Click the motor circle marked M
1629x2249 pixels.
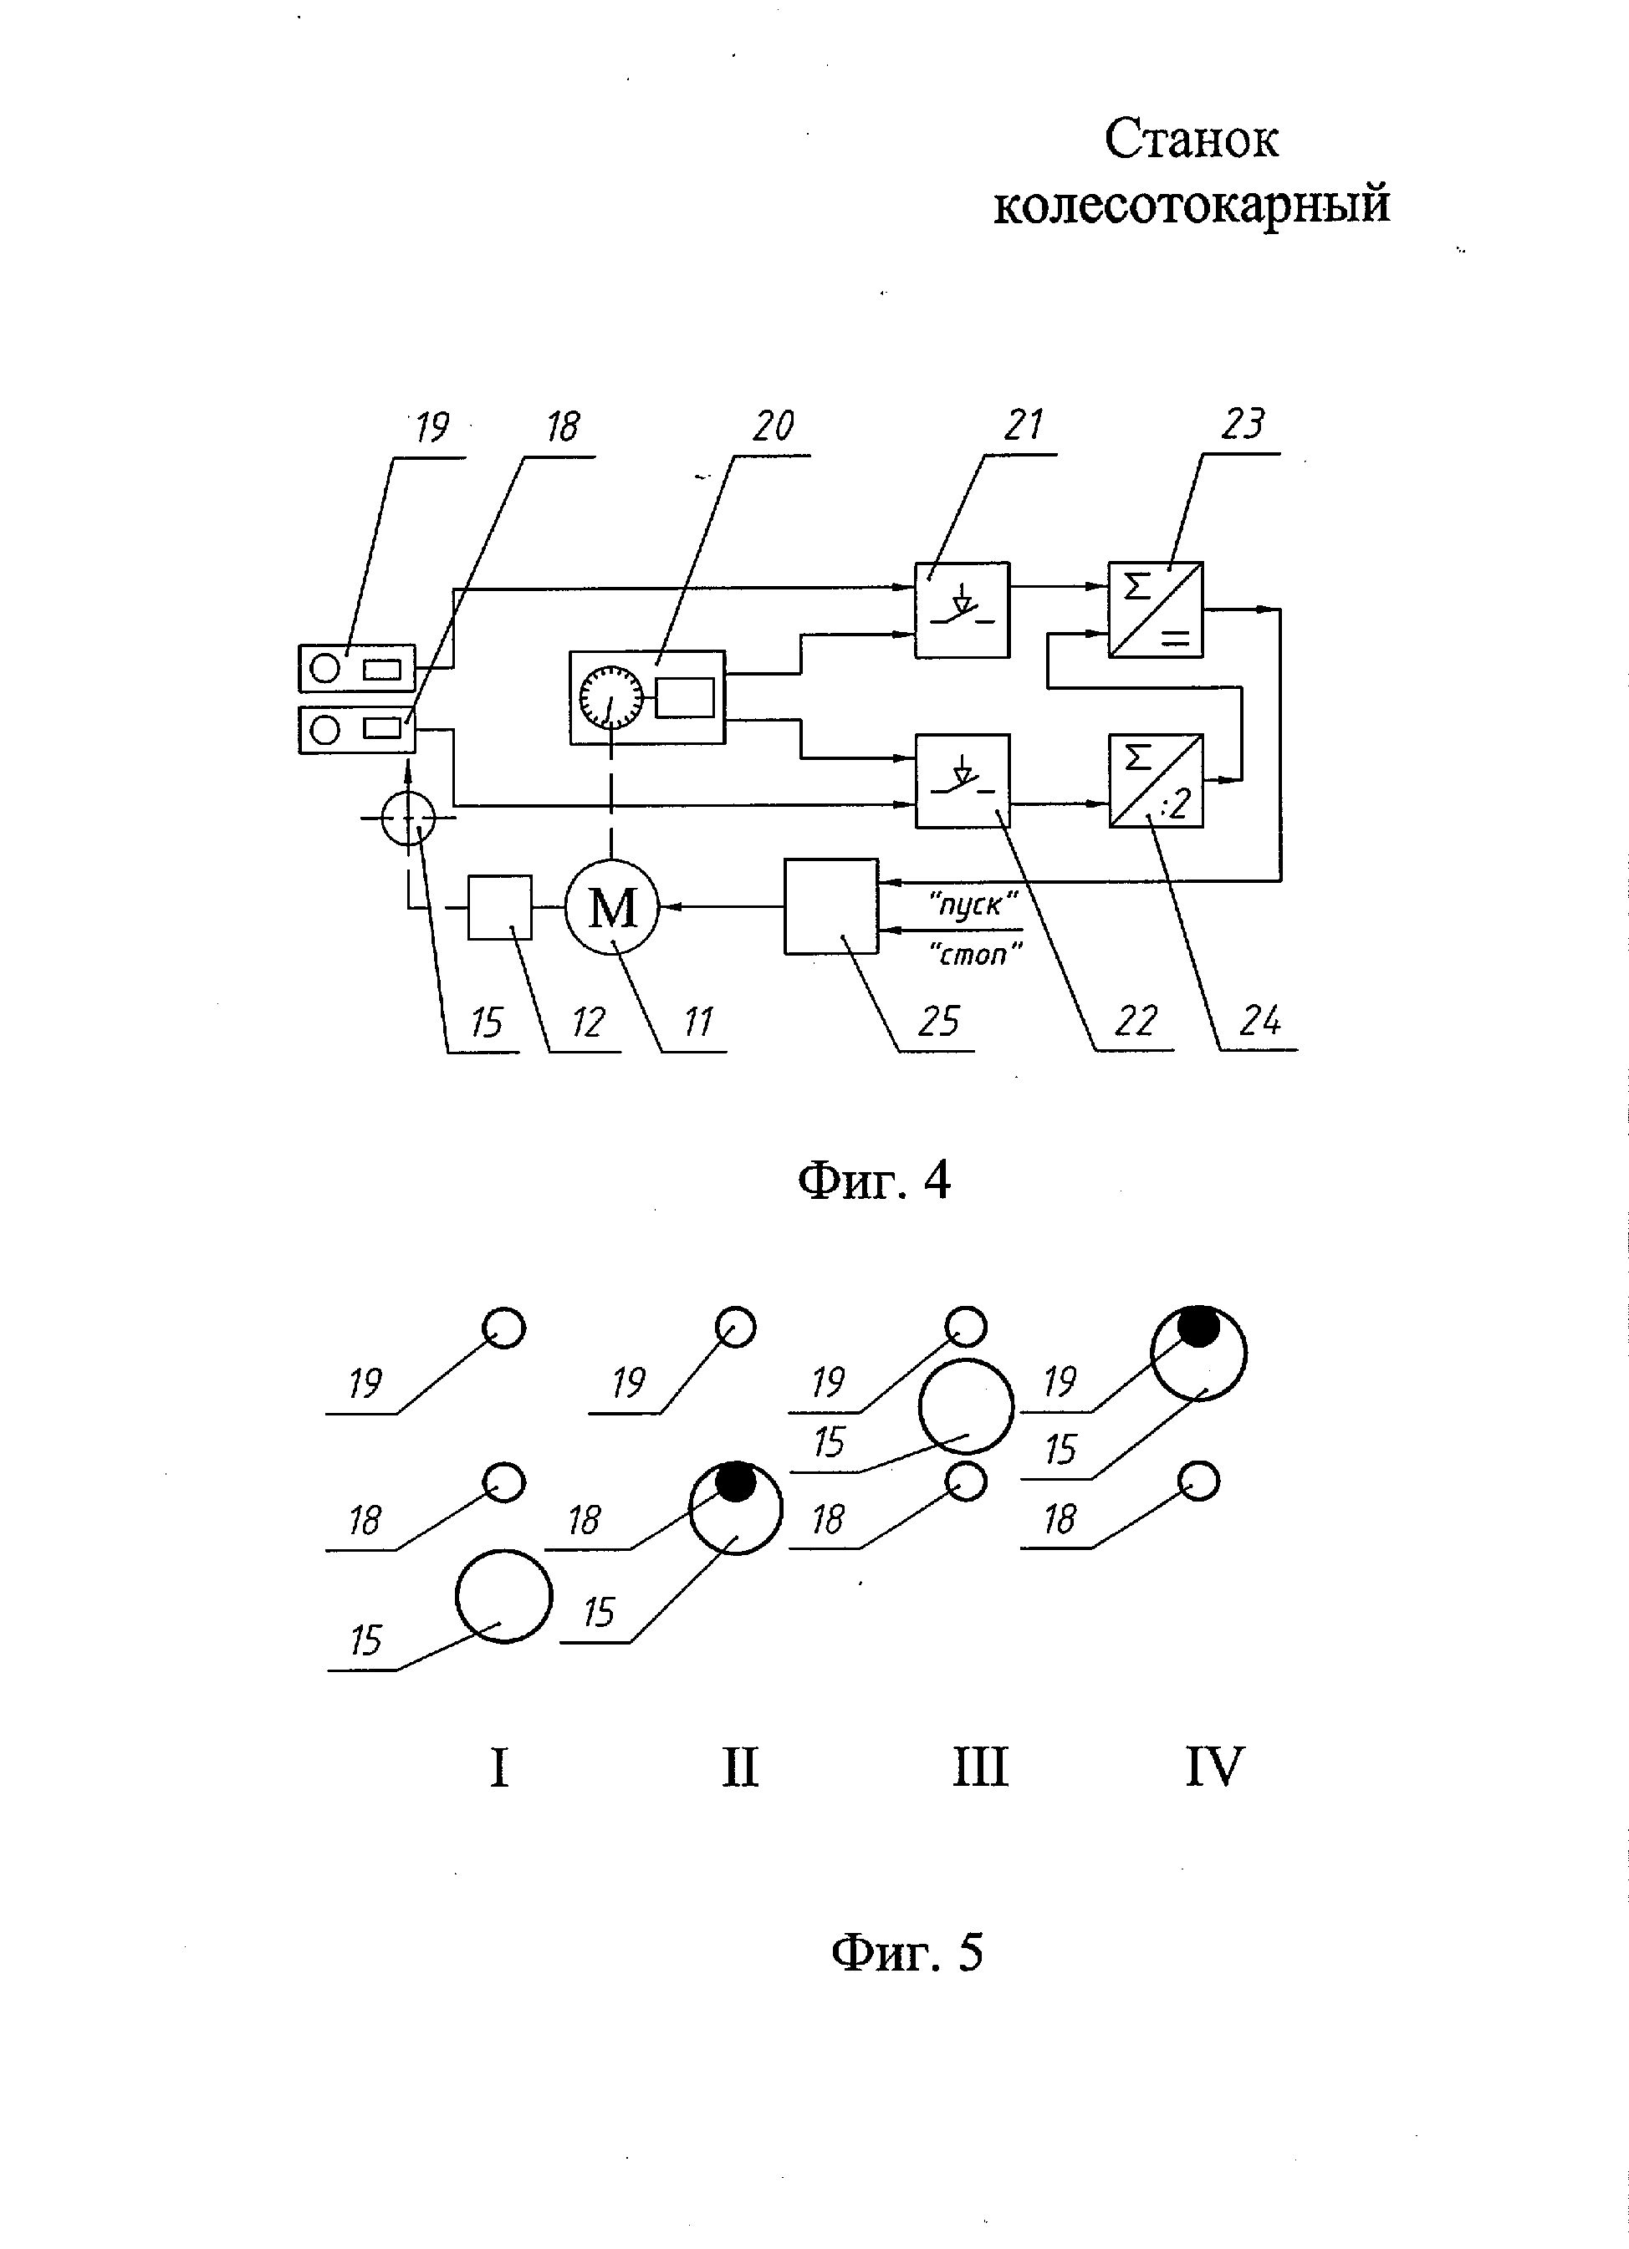click(x=612, y=907)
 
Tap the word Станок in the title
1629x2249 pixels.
click(x=1191, y=140)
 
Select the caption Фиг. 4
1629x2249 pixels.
click(x=873, y=1180)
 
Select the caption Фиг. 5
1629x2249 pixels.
click(x=906, y=1952)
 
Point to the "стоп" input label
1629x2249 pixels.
click(x=975, y=954)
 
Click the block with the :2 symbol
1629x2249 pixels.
click(x=1156, y=780)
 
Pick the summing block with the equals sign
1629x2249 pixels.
click(x=1156, y=609)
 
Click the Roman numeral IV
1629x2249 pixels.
click(x=1214, y=1767)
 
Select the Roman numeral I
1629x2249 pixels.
click(x=499, y=1767)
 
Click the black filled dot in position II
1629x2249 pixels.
click(x=735, y=1481)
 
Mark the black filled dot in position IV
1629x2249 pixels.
click(x=1198, y=1327)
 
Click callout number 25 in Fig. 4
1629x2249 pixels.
click(x=938, y=1020)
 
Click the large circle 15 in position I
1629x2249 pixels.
click(x=503, y=1597)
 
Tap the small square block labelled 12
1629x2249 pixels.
click(x=499, y=906)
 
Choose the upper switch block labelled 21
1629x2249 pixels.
click(x=962, y=609)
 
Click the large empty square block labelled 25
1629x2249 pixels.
click(x=830, y=906)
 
